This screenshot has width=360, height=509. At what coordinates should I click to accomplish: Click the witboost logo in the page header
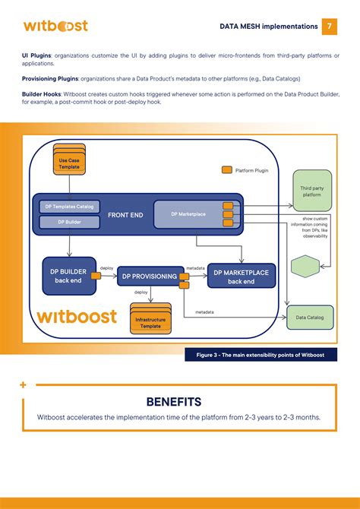click(x=55, y=26)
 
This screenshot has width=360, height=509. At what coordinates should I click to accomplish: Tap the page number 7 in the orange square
click(x=330, y=26)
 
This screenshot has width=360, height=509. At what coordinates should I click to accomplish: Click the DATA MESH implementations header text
click(x=269, y=27)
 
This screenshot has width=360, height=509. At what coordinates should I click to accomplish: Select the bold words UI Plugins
click(x=35, y=55)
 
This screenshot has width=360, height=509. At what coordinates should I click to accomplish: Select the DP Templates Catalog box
click(x=69, y=207)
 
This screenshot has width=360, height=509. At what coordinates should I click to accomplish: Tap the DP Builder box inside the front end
click(x=69, y=223)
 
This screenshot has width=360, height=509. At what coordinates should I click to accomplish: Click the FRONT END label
click(x=126, y=215)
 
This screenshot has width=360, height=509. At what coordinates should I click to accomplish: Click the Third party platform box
click(x=312, y=191)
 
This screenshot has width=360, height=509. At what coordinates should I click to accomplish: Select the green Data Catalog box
click(x=310, y=317)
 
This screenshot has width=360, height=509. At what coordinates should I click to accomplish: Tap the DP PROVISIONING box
click(x=150, y=277)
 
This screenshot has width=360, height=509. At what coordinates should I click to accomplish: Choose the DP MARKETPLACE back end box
click(x=240, y=277)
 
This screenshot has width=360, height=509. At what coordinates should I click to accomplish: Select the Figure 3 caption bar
click(x=261, y=355)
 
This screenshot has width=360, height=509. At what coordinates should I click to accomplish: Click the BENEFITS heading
click(x=173, y=401)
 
